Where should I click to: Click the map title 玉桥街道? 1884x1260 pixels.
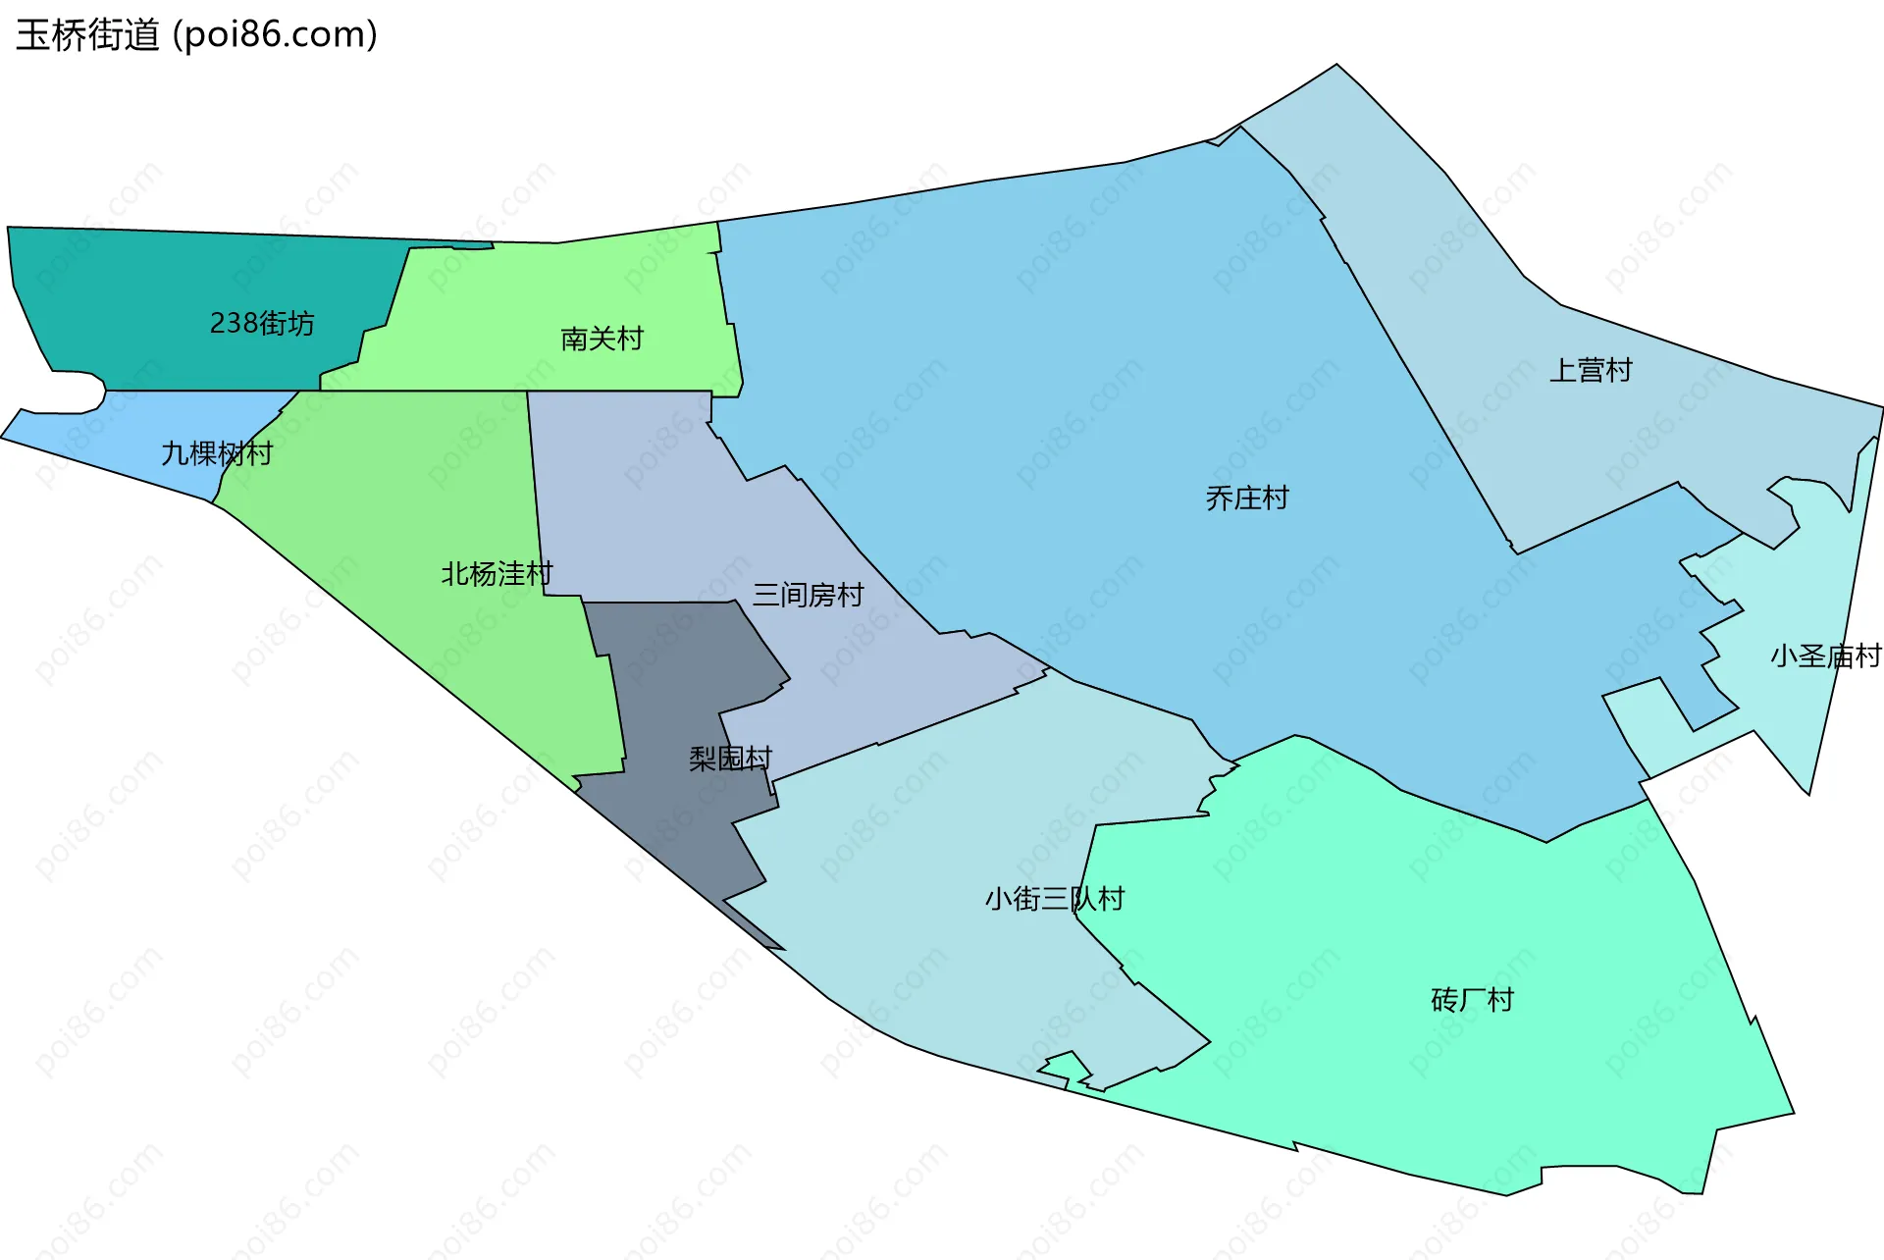[x=87, y=35]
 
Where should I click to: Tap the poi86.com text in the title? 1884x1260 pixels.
[x=275, y=35]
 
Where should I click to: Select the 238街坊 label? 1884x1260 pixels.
[x=262, y=323]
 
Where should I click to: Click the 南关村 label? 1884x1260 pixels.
[x=602, y=339]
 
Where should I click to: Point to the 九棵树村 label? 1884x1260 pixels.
[x=216, y=453]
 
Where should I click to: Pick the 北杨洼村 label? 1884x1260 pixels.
[x=497, y=573]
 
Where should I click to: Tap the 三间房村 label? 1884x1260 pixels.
[x=808, y=595]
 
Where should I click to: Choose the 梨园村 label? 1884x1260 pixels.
[x=730, y=758]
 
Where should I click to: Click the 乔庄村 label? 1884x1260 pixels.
[x=1246, y=499]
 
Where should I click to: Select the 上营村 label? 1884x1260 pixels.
[x=1590, y=370]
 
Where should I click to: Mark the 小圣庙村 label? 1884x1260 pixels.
[x=1825, y=656]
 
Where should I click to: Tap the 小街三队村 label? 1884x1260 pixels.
[x=1054, y=899]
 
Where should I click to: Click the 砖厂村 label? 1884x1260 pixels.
[x=1472, y=1000]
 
